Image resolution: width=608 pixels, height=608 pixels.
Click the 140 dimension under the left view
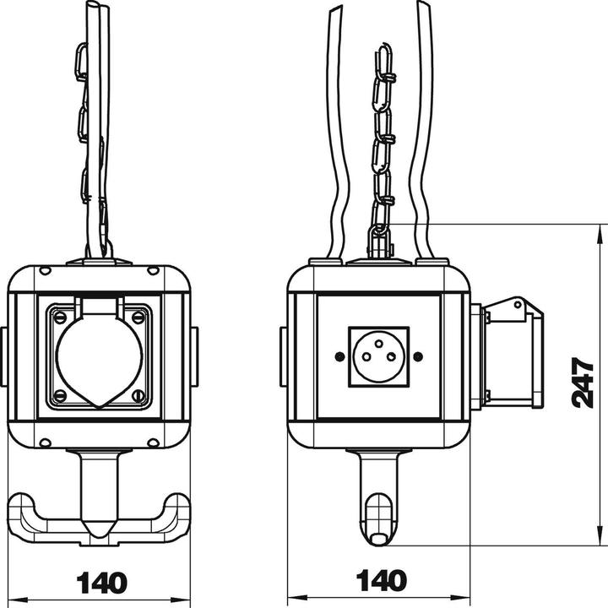click(101, 582)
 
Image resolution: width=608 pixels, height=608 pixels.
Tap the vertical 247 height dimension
click(584, 382)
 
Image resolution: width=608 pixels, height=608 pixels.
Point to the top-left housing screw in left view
click(45, 271)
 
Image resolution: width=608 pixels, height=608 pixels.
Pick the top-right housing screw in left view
click(153, 271)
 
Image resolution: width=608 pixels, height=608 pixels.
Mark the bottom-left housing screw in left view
click(45, 442)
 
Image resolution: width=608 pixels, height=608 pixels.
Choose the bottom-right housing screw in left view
click(153, 442)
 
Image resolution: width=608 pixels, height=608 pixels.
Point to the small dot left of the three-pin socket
click(339, 356)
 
